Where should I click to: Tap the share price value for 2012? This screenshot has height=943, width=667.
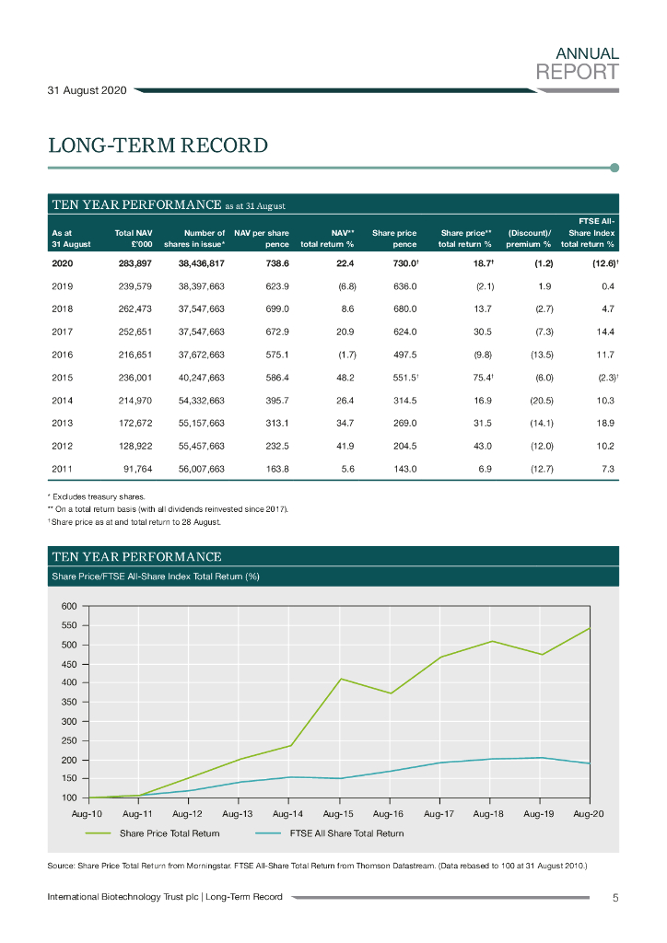tap(404, 446)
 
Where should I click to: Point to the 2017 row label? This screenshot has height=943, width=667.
tap(63, 331)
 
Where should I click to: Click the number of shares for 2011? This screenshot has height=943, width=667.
tap(202, 469)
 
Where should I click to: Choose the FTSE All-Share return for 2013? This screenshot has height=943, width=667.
tap(602, 423)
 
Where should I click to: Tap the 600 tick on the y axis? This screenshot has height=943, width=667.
tap(70, 606)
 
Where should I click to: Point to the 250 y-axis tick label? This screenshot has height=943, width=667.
tap(70, 740)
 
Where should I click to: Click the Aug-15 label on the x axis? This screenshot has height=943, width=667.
tap(338, 814)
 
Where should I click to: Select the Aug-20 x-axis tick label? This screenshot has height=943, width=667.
tap(588, 814)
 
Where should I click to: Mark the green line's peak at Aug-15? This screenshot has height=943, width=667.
tap(341, 679)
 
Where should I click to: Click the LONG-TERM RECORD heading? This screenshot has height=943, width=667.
tap(158, 146)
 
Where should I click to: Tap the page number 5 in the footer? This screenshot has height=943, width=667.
tap(614, 897)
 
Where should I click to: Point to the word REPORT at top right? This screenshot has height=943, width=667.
tap(578, 71)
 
